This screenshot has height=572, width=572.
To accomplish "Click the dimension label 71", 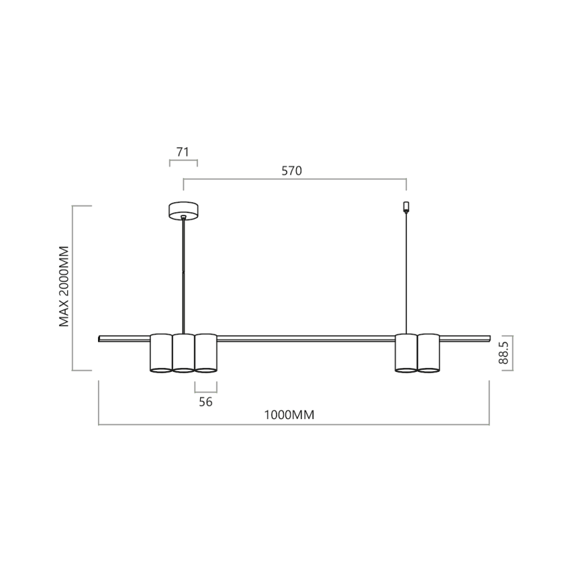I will [x=183, y=152].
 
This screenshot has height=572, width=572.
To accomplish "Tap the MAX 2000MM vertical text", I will [x=64, y=287].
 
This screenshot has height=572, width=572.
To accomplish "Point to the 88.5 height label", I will [x=504, y=354].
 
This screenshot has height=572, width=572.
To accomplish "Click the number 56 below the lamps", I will [x=206, y=402].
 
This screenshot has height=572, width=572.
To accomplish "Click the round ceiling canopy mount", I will [x=184, y=210].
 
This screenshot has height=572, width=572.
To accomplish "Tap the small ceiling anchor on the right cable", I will [x=406, y=207].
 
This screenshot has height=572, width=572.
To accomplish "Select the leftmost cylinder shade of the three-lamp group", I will [x=161, y=352].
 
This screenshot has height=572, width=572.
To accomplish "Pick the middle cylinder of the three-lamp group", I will [x=184, y=352].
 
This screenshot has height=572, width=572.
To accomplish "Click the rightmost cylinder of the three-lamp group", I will [x=206, y=352].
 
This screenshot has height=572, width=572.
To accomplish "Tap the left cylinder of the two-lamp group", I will [x=406, y=352].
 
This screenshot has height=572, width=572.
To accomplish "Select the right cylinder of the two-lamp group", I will [x=428, y=352].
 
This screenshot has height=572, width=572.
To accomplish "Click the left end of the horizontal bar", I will [x=101, y=337].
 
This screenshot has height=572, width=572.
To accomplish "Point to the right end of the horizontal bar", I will [x=488, y=337].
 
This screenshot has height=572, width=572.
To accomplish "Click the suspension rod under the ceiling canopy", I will [x=184, y=272].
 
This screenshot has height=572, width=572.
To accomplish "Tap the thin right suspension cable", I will [x=406, y=272].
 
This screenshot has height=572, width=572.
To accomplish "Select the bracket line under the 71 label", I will [x=183, y=162].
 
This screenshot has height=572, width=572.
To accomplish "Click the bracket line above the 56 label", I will [x=206, y=390].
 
